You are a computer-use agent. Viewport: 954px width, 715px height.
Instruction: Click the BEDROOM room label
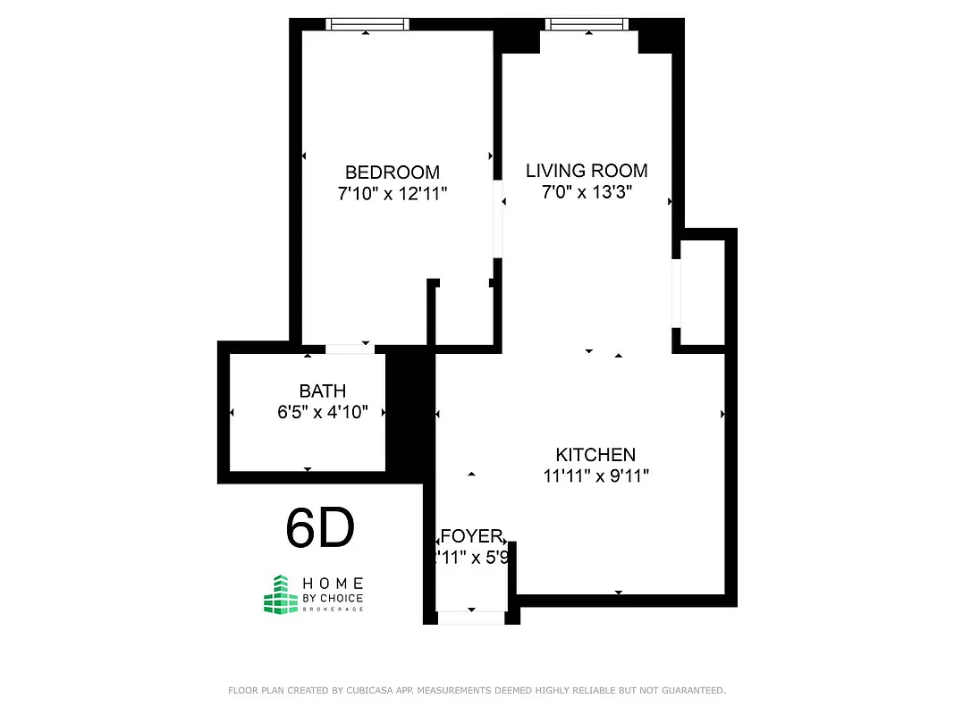click(x=393, y=172)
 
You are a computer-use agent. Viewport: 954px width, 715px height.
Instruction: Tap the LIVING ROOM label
click(x=587, y=171)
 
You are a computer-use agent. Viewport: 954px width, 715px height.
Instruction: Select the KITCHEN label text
click(x=595, y=455)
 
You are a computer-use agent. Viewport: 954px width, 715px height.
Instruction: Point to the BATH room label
click(x=323, y=391)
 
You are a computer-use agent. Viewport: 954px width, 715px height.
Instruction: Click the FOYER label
click(x=472, y=536)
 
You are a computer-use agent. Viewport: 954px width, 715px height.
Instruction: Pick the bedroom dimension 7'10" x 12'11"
click(x=393, y=194)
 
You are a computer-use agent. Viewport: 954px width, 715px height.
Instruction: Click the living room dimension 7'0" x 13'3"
click(x=587, y=192)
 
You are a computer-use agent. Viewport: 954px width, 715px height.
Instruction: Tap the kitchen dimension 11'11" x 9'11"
click(x=596, y=476)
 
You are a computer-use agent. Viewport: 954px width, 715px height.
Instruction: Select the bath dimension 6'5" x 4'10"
click(x=323, y=413)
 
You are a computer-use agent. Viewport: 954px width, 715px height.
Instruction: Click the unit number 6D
click(x=320, y=528)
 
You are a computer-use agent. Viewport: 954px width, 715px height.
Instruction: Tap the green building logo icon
click(x=280, y=594)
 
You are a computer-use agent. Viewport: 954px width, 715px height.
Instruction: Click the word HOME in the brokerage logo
click(x=332, y=584)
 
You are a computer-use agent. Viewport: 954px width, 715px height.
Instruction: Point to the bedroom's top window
click(x=367, y=25)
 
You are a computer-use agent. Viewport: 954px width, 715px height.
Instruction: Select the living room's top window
click(x=587, y=25)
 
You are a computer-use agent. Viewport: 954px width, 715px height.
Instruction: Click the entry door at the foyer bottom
click(x=470, y=617)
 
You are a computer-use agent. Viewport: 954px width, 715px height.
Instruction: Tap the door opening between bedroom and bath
click(x=350, y=349)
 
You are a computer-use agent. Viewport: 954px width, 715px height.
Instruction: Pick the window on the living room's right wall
click(x=677, y=293)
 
